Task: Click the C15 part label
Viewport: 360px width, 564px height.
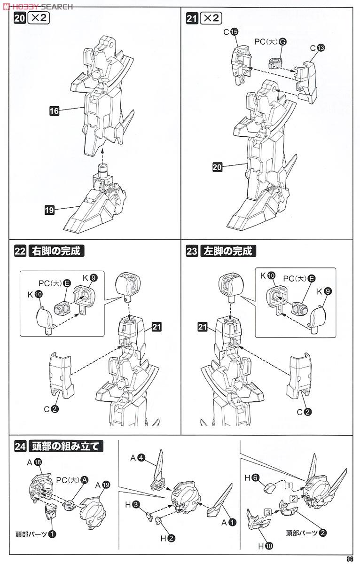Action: (230, 32)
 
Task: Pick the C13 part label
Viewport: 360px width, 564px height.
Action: (317, 47)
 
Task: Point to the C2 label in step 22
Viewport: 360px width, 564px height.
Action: (51, 409)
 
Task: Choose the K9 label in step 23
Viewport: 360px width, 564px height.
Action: (323, 291)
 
